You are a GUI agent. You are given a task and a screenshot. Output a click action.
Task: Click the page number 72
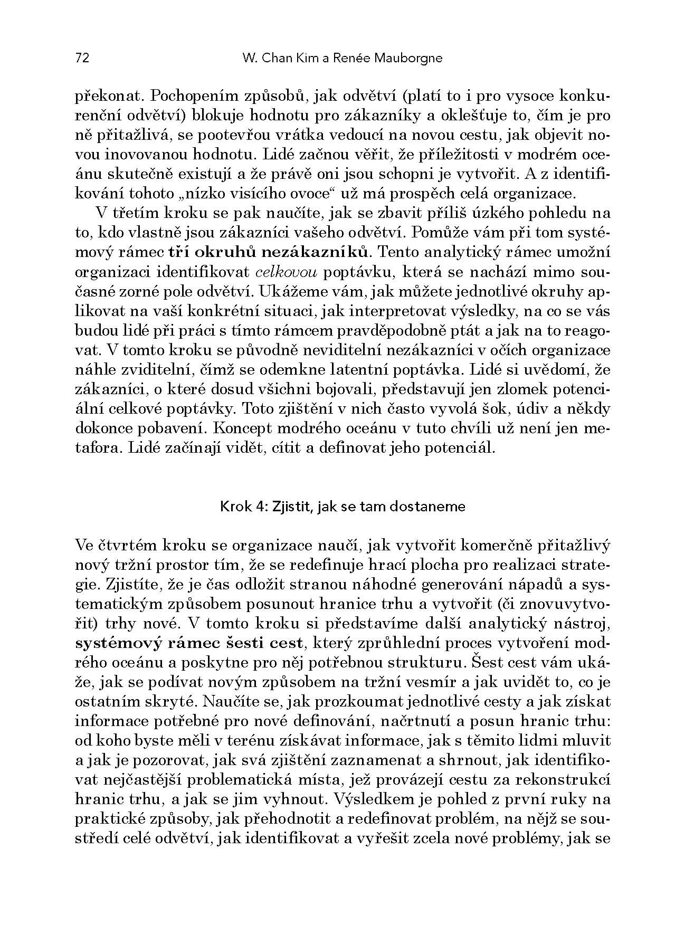82,58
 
